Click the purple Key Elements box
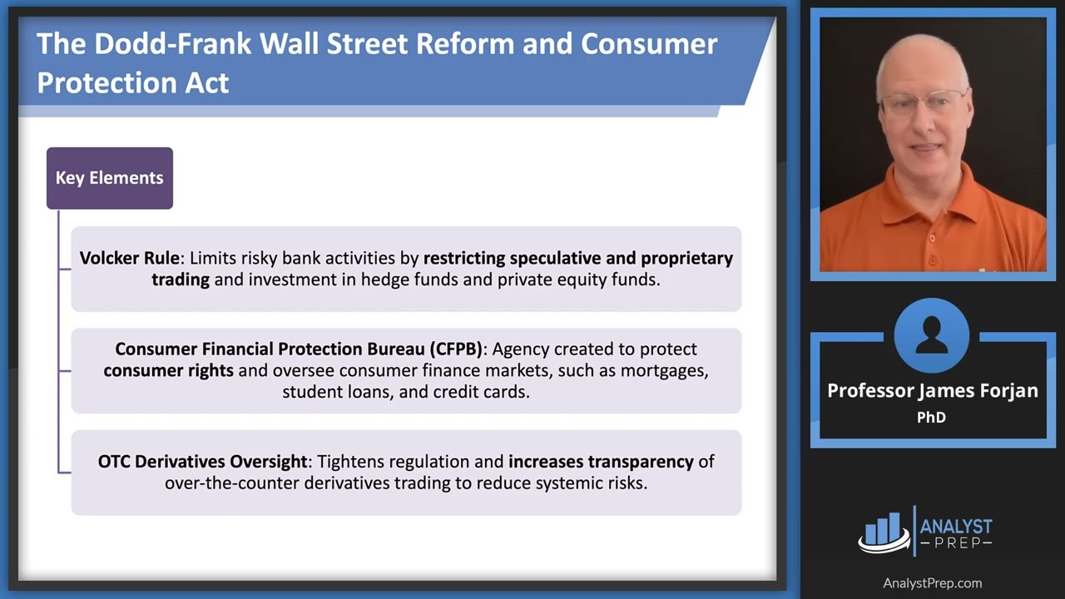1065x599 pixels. pos(109,178)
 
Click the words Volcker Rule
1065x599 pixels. pos(129,258)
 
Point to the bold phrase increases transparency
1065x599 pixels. pos(601,461)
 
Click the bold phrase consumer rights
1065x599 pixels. pos(168,370)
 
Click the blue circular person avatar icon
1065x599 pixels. pos(931,335)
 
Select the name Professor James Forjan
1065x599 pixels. pos(932,390)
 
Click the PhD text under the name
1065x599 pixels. pos(931,417)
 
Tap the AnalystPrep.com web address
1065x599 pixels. pos(932,583)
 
